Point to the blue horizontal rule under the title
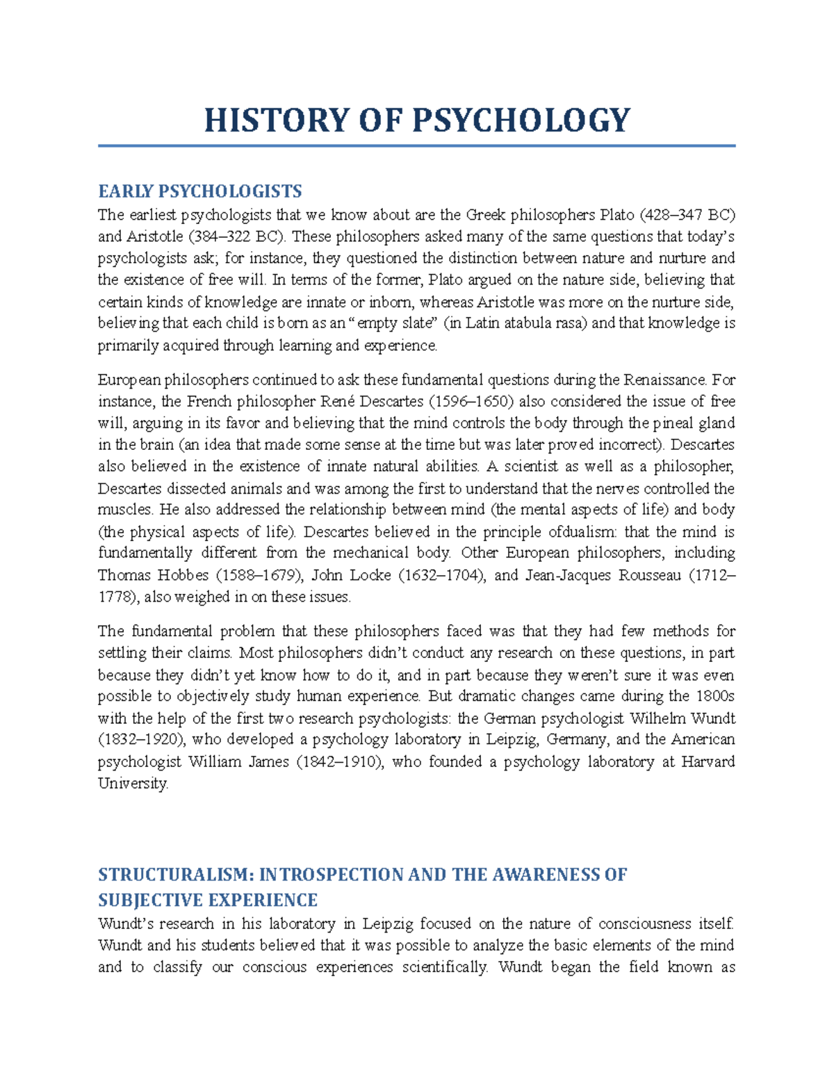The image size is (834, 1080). pos(416,146)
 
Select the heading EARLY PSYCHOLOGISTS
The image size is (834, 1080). pos(200,191)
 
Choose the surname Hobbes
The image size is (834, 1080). pos(182,575)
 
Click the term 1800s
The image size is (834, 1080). pos(715,696)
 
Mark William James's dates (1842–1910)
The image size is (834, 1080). pos(340,761)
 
